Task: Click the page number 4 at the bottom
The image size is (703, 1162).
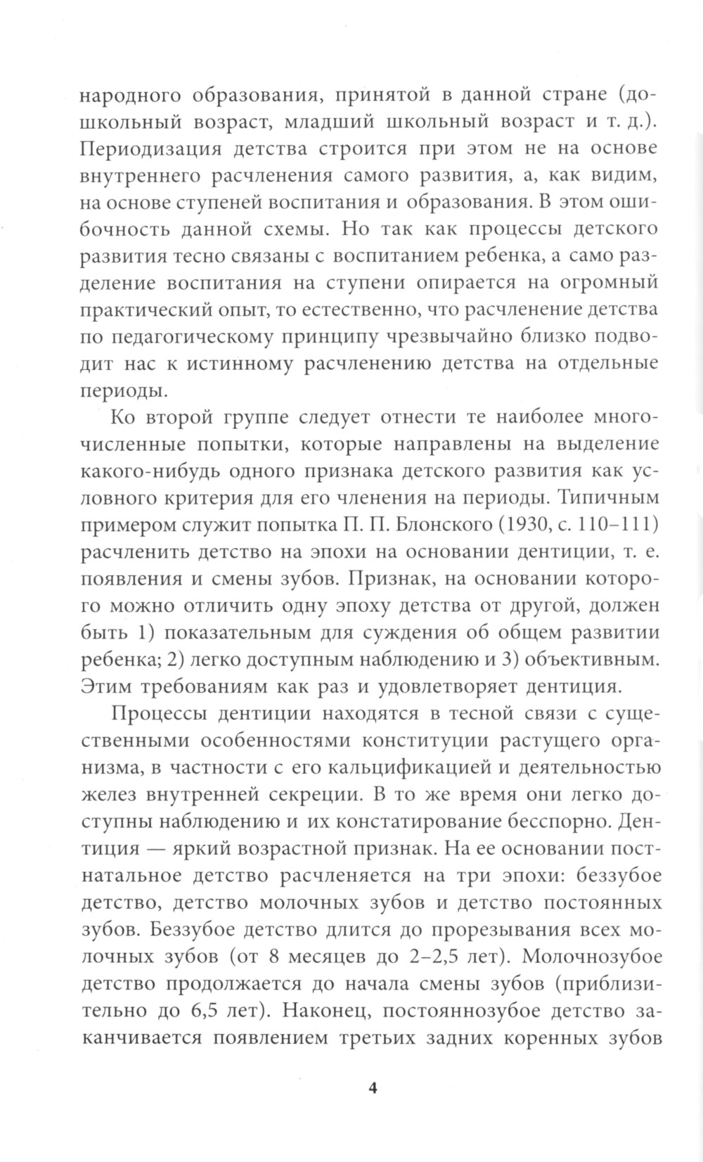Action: click(373, 1089)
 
